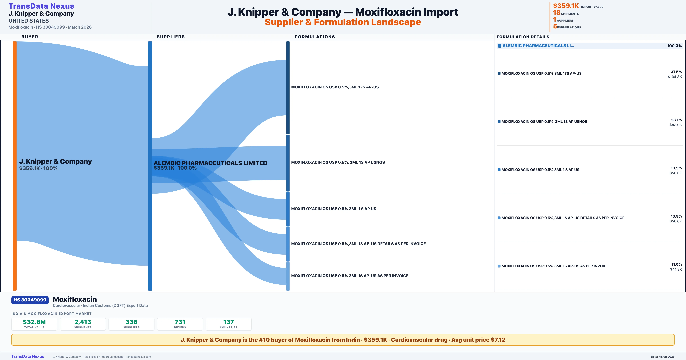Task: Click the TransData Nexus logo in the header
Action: click(x=41, y=6)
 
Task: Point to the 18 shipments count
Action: click(x=557, y=13)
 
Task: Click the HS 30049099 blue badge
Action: click(x=30, y=300)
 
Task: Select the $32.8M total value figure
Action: click(x=34, y=322)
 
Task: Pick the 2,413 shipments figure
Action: click(x=83, y=322)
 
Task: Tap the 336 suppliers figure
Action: click(x=131, y=322)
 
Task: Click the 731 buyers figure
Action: click(x=180, y=322)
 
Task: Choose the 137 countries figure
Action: click(x=229, y=322)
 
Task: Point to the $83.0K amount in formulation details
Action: click(x=675, y=125)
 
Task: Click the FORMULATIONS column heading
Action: click(x=315, y=37)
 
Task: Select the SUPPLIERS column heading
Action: click(x=171, y=37)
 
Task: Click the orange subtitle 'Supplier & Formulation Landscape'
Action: click(x=343, y=22)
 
